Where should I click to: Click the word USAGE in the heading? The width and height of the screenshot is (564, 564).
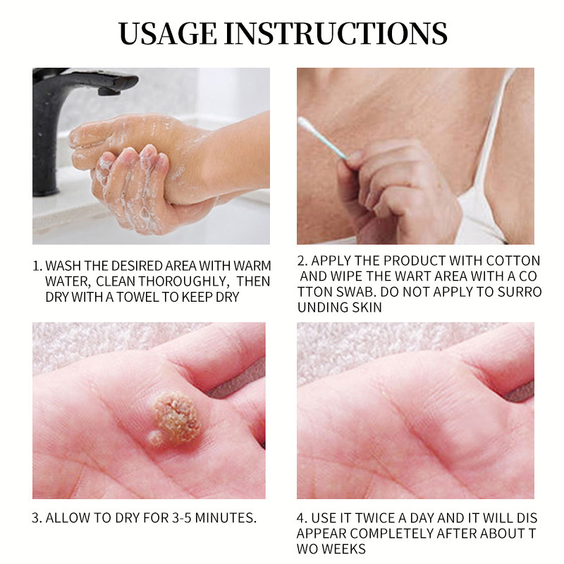tap(168, 33)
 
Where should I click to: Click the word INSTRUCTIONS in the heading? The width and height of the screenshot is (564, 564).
tap(336, 33)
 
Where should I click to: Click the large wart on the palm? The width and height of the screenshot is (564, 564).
tap(177, 417)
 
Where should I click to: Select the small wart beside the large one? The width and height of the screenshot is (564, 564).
tap(155, 439)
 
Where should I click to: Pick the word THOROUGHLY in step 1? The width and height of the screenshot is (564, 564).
tap(183, 281)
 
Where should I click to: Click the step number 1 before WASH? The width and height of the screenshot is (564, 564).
tap(36, 266)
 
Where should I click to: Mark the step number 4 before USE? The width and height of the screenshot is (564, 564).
tap(301, 518)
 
